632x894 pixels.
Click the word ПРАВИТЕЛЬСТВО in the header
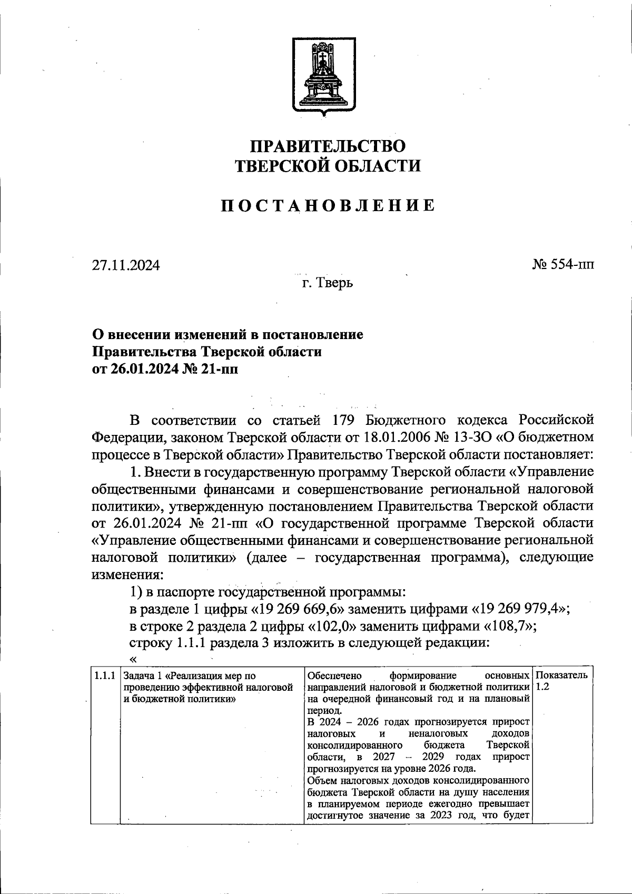pos(327,146)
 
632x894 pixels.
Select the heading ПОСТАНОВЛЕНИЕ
pos(327,205)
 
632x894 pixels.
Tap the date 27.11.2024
pos(126,265)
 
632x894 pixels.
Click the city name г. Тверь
pos(327,283)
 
